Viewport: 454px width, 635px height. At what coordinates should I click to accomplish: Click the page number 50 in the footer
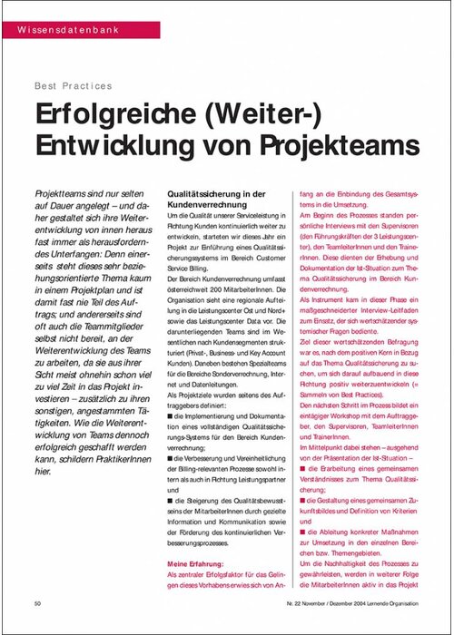pyautogui.click(x=37, y=602)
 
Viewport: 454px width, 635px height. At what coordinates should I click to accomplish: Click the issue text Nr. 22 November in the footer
pyautogui.click(x=300, y=602)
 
